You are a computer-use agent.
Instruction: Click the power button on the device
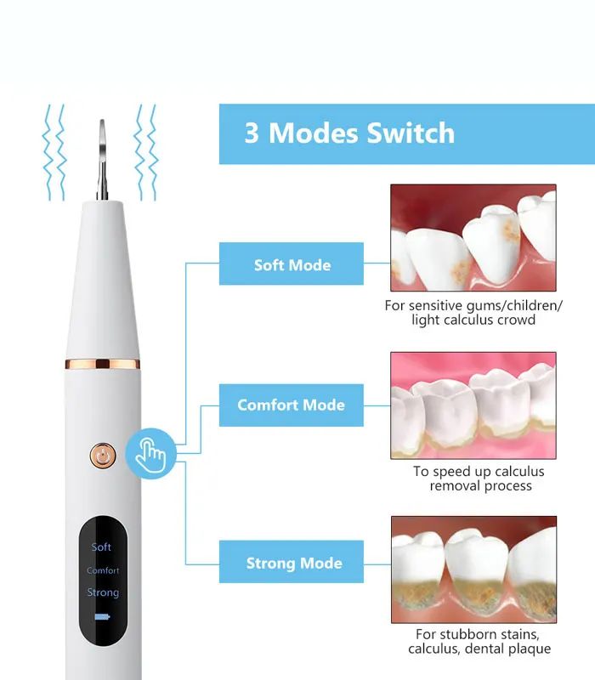(103, 456)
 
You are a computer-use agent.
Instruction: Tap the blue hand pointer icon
(150, 454)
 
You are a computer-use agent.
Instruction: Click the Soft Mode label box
(292, 263)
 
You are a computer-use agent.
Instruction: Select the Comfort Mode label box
(292, 405)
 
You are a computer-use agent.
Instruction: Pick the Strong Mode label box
(292, 562)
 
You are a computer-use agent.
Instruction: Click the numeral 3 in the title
(252, 133)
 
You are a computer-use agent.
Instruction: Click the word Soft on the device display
(101, 547)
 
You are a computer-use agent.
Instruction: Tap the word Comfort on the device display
(103, 570)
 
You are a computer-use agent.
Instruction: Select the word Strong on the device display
(103, 592)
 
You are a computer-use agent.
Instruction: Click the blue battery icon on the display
(102, 617)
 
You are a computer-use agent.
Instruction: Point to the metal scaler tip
(102, 160)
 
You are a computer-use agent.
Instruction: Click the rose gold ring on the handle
(103, 364)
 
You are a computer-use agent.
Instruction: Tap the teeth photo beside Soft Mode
(473, 238)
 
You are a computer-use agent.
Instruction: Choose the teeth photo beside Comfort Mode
(473, 405)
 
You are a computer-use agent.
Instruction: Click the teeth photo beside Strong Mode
(473, 569)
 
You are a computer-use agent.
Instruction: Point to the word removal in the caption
(455, 486)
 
